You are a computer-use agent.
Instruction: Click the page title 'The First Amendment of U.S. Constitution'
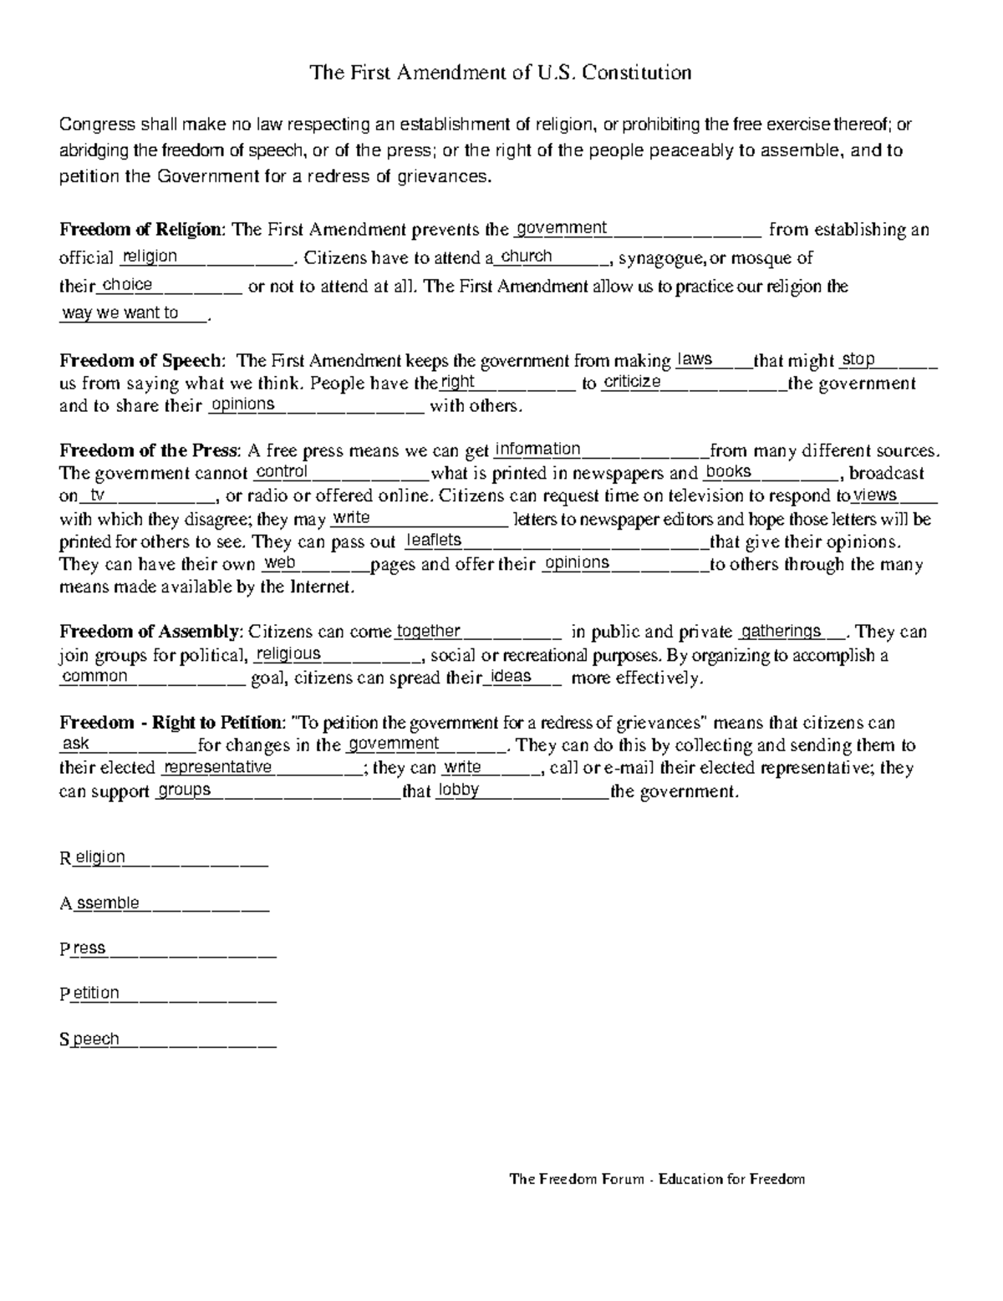point(501,73)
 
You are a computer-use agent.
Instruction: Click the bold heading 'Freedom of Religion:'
point(142,230)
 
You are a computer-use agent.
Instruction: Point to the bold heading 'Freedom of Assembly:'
point(151,632)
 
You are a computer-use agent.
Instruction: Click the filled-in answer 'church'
point(526,257)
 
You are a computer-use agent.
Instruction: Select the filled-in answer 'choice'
point(127,285)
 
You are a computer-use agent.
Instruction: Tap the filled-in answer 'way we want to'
point(120,313)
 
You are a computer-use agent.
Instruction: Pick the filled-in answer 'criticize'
point(632,382)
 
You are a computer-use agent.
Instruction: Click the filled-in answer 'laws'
point(695,359)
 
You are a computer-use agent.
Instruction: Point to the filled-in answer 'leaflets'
point(433,541)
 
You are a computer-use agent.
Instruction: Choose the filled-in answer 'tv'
point(98,495)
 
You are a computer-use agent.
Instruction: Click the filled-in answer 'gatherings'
point(782,631)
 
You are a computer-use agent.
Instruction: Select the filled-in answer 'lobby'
point(458,790)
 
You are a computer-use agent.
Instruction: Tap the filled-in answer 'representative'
point(217,767)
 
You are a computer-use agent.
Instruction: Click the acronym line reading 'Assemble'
point(100,903)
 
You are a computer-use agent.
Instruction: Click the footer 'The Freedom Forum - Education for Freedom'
point(657,1179)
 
